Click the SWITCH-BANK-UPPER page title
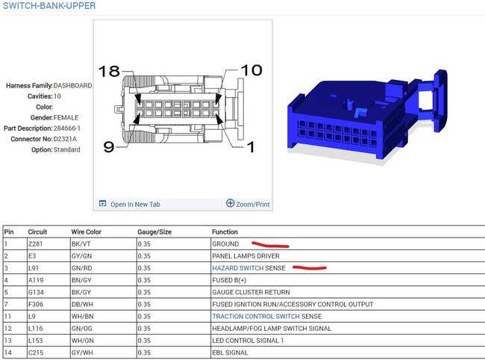49,5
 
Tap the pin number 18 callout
109,71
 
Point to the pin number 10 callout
251,70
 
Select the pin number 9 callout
109,146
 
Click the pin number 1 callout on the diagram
251,146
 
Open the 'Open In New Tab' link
135,205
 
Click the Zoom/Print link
253,205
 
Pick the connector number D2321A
65,139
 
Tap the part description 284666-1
67,128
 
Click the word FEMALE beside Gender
66,117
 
